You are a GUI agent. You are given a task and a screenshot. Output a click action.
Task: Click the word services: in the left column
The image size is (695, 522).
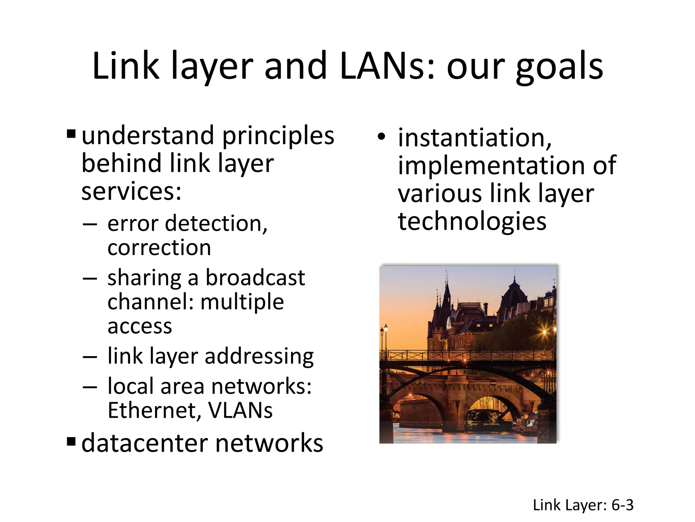coord(132,192)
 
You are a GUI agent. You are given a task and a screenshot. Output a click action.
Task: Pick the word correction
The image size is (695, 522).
coord(159,247)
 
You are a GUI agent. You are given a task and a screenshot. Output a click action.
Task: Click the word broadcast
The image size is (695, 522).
coord(255,278)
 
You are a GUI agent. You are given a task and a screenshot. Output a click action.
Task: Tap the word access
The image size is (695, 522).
coord(140,326)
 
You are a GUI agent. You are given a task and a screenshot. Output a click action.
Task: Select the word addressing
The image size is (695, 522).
coord(259,356)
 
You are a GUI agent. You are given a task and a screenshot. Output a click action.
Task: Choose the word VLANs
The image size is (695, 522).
coord(240,411)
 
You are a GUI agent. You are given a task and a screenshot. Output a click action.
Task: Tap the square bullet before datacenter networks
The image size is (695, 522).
coord(71,442)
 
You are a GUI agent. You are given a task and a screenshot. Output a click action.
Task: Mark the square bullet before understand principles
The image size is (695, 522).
coord(71,134)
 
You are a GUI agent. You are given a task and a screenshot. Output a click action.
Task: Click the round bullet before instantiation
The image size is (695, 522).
coord(381,137)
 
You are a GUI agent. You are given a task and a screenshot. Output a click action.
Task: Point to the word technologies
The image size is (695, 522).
coord(472,221)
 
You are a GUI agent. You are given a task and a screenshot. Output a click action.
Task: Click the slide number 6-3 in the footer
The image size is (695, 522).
coord(622,505)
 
